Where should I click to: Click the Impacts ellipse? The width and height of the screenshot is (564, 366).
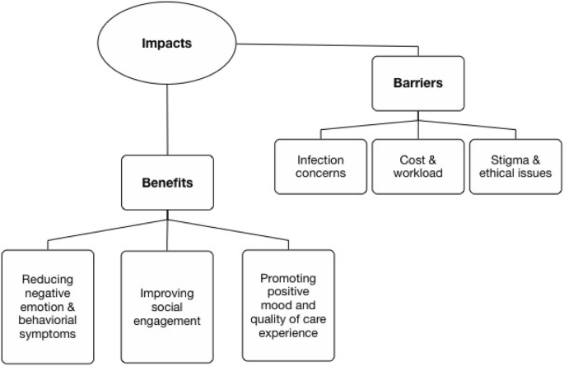pyautogui.click(x=169, y=40)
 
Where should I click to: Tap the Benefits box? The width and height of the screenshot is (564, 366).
pyautogui.click(x=168, y=182)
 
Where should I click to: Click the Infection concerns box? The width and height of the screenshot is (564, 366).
pyautogui.click(x=321, y=167)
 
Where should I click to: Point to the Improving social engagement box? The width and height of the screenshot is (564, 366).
pyautogui.click(x=167, y=305)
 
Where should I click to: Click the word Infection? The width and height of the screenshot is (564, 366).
pyautogui.click(x=321, y=160)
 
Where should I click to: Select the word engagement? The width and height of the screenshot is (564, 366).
pyautogui.click(x=167, y=319)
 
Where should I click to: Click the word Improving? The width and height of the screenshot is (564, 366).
pyautogui.click(x=167, y=292)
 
